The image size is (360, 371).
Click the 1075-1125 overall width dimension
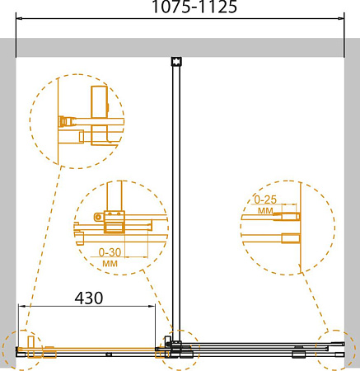194,7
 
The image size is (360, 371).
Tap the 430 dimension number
89,298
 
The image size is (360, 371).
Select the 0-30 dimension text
110,252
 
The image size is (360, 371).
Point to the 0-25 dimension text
265,200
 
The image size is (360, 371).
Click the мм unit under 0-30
110,264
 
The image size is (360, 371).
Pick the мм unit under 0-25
265,211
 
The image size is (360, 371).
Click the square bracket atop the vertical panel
176,61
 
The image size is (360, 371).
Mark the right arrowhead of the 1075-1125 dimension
340,19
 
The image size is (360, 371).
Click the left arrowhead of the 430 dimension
21,306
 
